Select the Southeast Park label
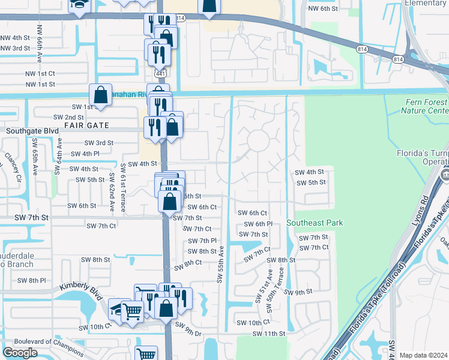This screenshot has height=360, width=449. [315, 223]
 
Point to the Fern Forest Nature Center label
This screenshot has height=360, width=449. [426, 106]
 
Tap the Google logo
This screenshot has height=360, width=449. [19, 353]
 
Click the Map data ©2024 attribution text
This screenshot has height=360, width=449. [423, 355]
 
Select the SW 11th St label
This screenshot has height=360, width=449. [268, 334]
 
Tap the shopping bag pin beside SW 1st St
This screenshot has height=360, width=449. [100, 95]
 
